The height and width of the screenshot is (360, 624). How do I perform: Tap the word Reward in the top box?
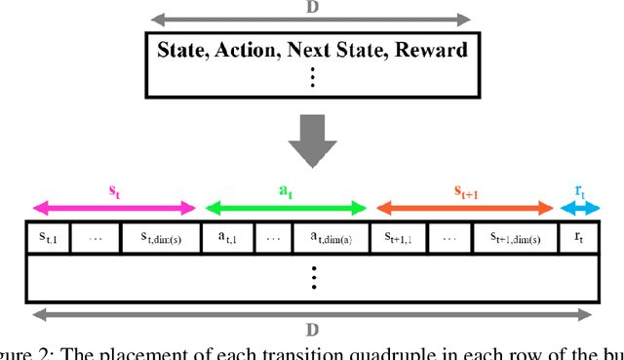click(431, 50)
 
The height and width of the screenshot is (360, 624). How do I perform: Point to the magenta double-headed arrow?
click(114, 207)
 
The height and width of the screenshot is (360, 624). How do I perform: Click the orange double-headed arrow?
click(463, 207)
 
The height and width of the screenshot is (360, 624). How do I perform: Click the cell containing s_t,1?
click(48, 238)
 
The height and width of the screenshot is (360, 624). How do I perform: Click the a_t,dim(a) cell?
click(328, 238)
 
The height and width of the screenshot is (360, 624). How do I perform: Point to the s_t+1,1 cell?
click(399, 238)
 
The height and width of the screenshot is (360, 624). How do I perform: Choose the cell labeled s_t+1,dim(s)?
click(515, 238)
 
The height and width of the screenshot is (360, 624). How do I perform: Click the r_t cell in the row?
click(576, 238)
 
